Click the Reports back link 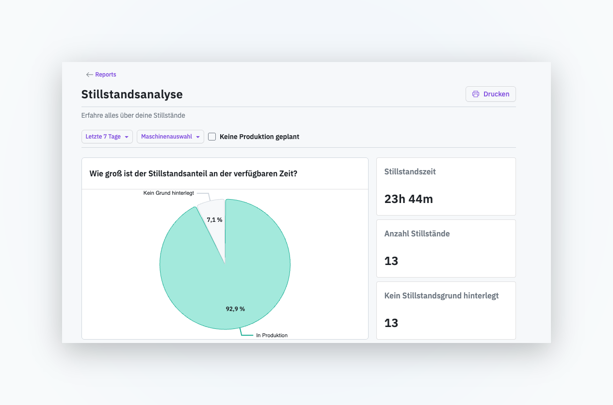106,75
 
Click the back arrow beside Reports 90,75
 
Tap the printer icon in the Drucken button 476,94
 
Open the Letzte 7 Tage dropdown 107,137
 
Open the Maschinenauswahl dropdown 170,137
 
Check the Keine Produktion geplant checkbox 212,137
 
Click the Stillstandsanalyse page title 132,94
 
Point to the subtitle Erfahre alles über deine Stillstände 133,115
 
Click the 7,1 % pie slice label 214,220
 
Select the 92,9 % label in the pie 235,309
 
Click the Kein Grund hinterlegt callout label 169,193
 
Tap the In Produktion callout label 272,335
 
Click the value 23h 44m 408,199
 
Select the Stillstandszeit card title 410,171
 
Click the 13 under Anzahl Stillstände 391,261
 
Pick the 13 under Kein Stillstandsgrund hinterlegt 391,323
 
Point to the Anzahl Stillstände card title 417,234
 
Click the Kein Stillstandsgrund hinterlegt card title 441,296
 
